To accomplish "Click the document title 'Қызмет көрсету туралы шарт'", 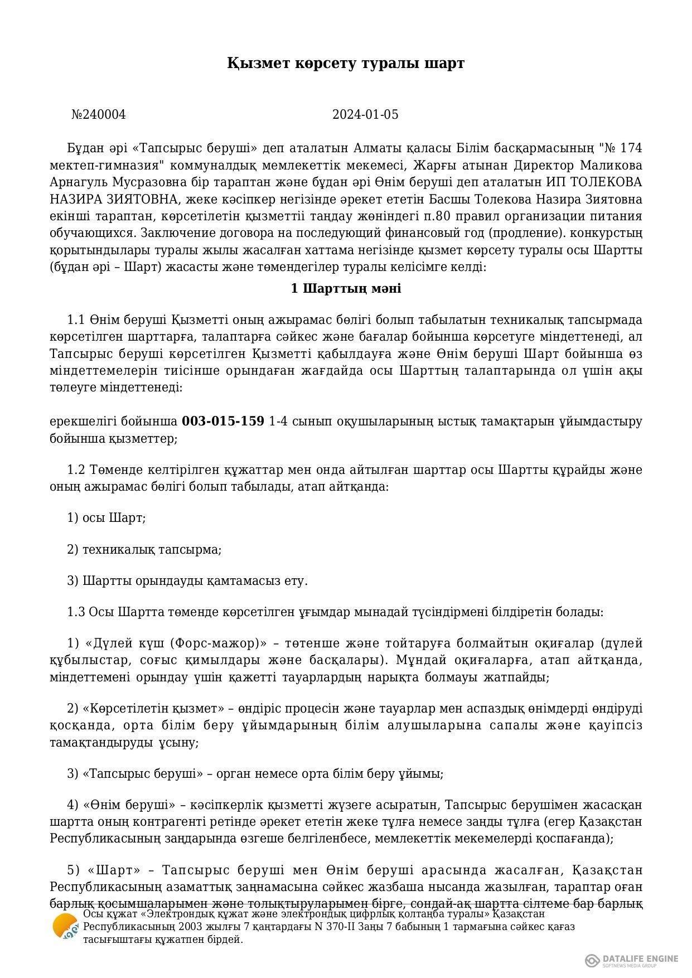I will [x=346, y=63].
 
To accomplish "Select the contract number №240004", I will [x=99, y=115].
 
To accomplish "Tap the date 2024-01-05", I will [x=365, y=115].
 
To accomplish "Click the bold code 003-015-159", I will [x=223, y=422].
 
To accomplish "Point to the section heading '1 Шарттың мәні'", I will [x=346, y=289].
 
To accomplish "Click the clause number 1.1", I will [x=75, y=320].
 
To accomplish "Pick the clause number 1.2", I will [x=75, y=470].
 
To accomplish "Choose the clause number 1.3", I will [x=75, y=612].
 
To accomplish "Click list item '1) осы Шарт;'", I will [x=106, y=518].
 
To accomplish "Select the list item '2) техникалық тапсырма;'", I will [x=144, y=550].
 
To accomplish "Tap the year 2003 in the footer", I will [x=176, y=927].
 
